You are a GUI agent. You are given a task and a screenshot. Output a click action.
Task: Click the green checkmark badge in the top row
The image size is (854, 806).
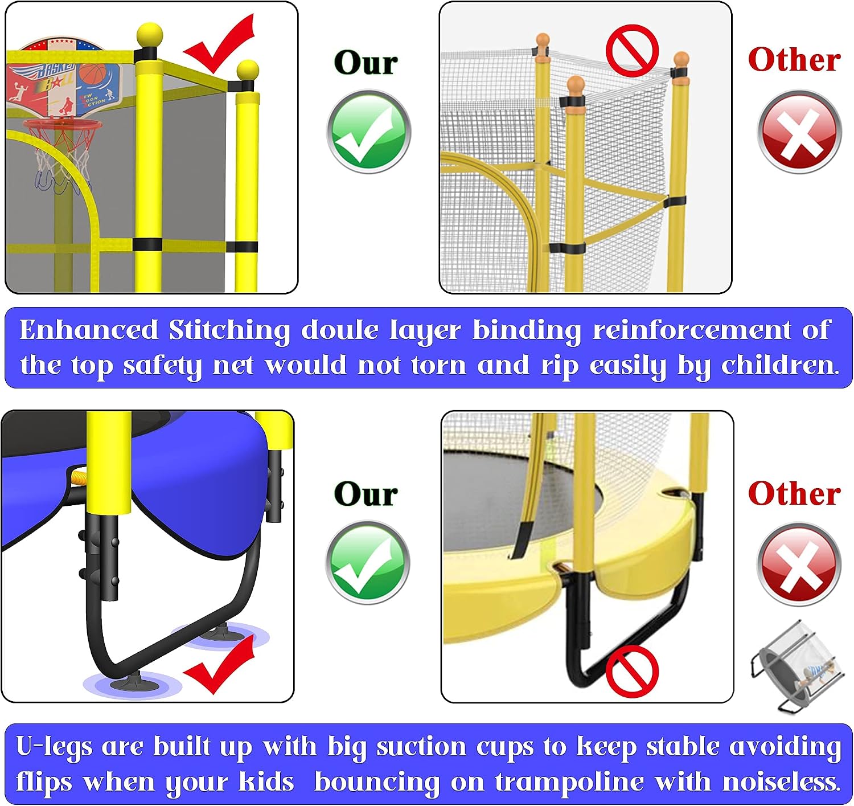[368, 131]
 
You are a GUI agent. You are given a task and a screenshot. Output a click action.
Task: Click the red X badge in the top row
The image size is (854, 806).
[799, 131]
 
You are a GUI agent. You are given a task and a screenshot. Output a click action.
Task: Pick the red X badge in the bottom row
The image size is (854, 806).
[799, 564]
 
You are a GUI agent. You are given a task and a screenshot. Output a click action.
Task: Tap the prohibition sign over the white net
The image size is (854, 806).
[632, 50]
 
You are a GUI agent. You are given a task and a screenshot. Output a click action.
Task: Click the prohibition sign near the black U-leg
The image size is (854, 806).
[632, 672]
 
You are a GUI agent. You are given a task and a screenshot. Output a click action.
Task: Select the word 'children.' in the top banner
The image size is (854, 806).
[780, 365]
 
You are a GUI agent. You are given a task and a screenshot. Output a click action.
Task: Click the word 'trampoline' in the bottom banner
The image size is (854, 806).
[569, 782]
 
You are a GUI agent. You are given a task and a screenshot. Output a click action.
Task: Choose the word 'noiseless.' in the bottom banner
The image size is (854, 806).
[782, 781]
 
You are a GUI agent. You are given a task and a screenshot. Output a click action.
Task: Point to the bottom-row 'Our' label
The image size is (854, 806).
[366, 494]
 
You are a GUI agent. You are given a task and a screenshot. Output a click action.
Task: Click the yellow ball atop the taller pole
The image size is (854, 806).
[150, 35]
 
